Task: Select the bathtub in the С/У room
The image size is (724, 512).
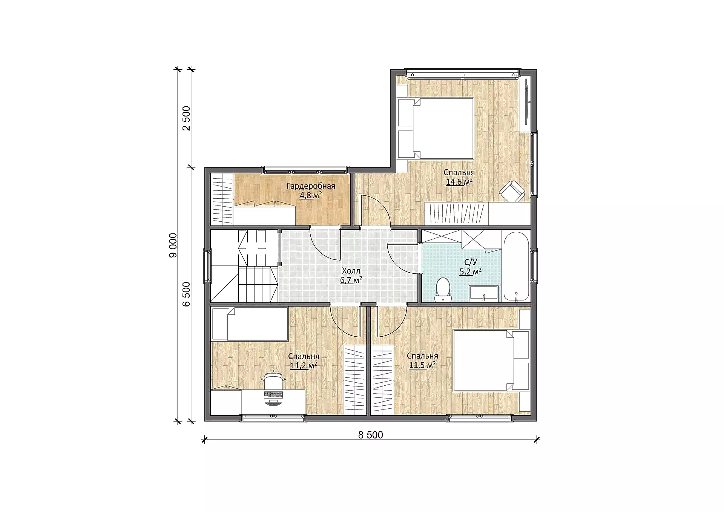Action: [516, 267]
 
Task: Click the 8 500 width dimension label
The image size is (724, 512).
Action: [371, 435]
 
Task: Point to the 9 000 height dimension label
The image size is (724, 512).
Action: [173, 245]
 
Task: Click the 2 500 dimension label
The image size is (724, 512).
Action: [186, 118]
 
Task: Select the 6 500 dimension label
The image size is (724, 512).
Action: [186, 294]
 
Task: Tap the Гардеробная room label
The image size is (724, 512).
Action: [311, 186]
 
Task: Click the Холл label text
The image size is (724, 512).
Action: [351, 271]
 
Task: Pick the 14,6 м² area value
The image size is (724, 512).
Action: [459, 182]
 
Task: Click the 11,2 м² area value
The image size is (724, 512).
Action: [303, 365]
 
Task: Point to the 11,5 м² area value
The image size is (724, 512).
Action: [422, 365]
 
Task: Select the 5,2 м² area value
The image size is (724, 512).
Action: [470, 271]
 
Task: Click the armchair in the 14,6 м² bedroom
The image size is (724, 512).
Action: [512, 191]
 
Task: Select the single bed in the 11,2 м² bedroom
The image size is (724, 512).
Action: [250, 324]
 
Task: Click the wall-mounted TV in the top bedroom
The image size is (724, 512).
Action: [525, 102]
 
